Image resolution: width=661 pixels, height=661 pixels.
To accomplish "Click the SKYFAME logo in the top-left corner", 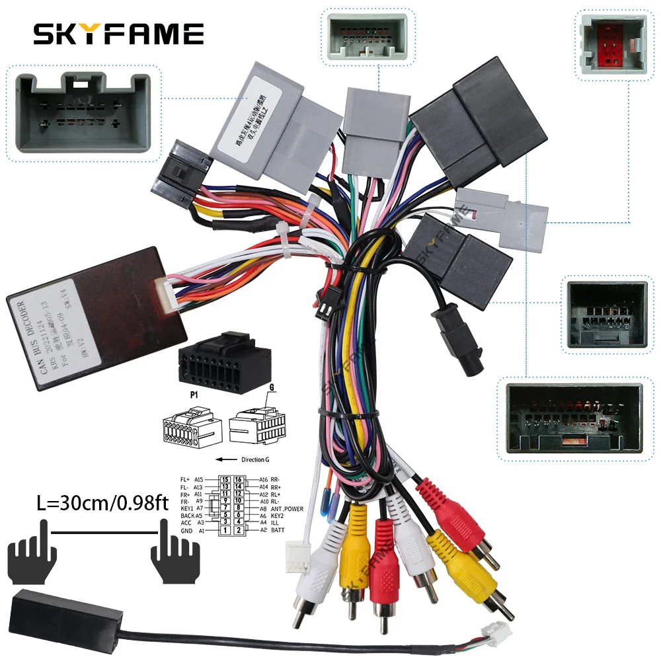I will pos(118,33).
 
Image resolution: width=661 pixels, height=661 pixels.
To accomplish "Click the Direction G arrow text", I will pos(248,458).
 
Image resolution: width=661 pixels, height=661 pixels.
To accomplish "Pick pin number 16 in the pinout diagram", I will pos(239,480).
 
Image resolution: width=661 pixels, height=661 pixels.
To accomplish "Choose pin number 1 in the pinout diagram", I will pos(225,530).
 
